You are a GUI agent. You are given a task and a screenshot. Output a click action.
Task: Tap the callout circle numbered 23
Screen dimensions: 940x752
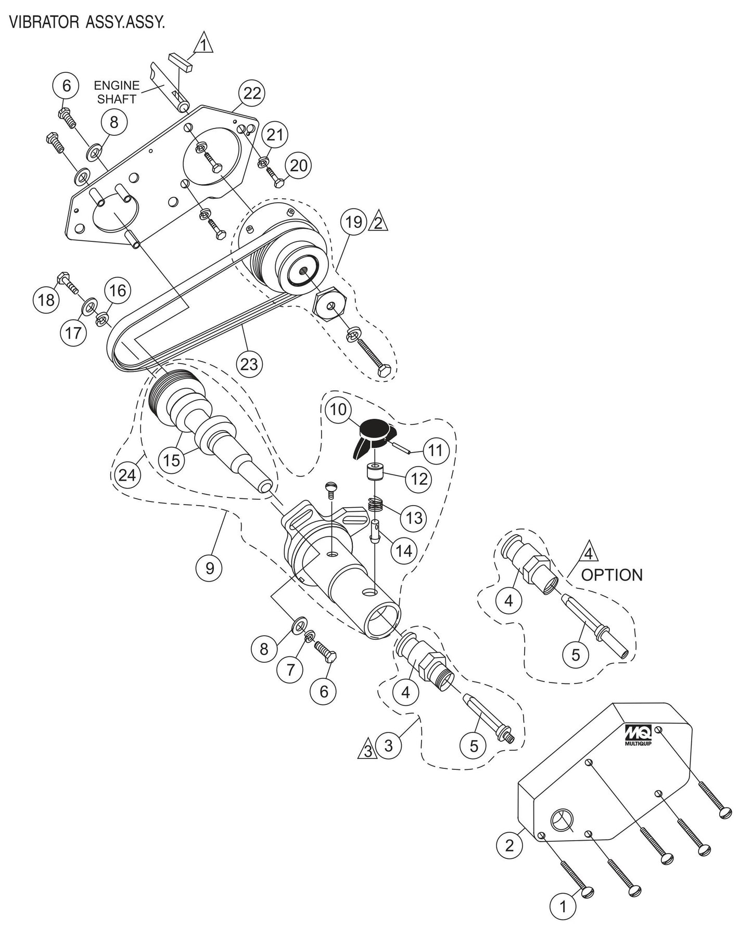pos(249,364)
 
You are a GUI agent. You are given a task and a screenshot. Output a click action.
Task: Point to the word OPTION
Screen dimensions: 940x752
pos(611,575)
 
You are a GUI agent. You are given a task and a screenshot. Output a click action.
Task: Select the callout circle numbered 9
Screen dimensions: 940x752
pos(209,568)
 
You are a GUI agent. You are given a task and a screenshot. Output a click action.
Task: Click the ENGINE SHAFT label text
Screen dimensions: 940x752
pos(117,92)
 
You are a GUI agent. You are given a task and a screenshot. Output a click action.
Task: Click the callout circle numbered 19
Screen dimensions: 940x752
pos(353,222)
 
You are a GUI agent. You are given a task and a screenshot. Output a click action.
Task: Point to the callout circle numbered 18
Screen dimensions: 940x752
pos(47,300)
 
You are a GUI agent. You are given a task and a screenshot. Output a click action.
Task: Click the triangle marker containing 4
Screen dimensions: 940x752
pos(588,555)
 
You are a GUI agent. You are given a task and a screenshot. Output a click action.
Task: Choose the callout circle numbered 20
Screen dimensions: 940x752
pos(298,166)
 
